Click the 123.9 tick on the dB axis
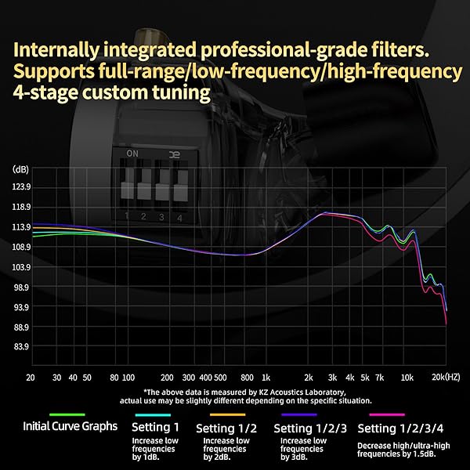(21, 187)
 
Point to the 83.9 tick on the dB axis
(21, 347)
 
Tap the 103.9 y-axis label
(21, 267)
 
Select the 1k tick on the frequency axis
(266, 377)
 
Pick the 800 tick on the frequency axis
(247, 377)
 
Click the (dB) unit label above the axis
(21, 169)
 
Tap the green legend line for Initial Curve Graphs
(66, 414)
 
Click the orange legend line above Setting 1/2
(228, 414)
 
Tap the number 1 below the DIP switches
(126, 215)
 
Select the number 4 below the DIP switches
(180, 216)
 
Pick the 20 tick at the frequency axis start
(31, 377)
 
